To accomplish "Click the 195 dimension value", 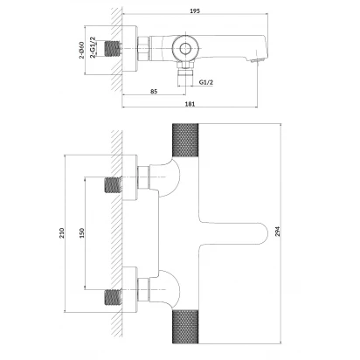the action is [195, 10].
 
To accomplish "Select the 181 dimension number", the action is [190, 103].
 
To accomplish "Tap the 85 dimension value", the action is [154, 91].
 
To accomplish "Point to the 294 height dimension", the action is [278, 232].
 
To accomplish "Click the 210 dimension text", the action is [62, 233].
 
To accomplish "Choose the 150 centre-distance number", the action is [81, 233].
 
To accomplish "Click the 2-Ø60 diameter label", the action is [81, 50].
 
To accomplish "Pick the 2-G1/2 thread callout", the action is [93, 47].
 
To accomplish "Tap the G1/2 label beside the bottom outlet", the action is [206, 82].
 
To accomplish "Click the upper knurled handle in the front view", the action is [185, 140].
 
